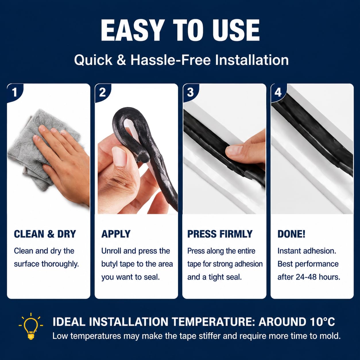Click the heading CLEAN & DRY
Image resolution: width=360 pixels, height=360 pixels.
(x=45, y=234)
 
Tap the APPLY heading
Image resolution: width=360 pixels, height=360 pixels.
(x=116, y=234)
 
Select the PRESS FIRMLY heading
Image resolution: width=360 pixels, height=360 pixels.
(x=220, y=234)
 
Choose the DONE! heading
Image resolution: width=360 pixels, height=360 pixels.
(x=291, y=234)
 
